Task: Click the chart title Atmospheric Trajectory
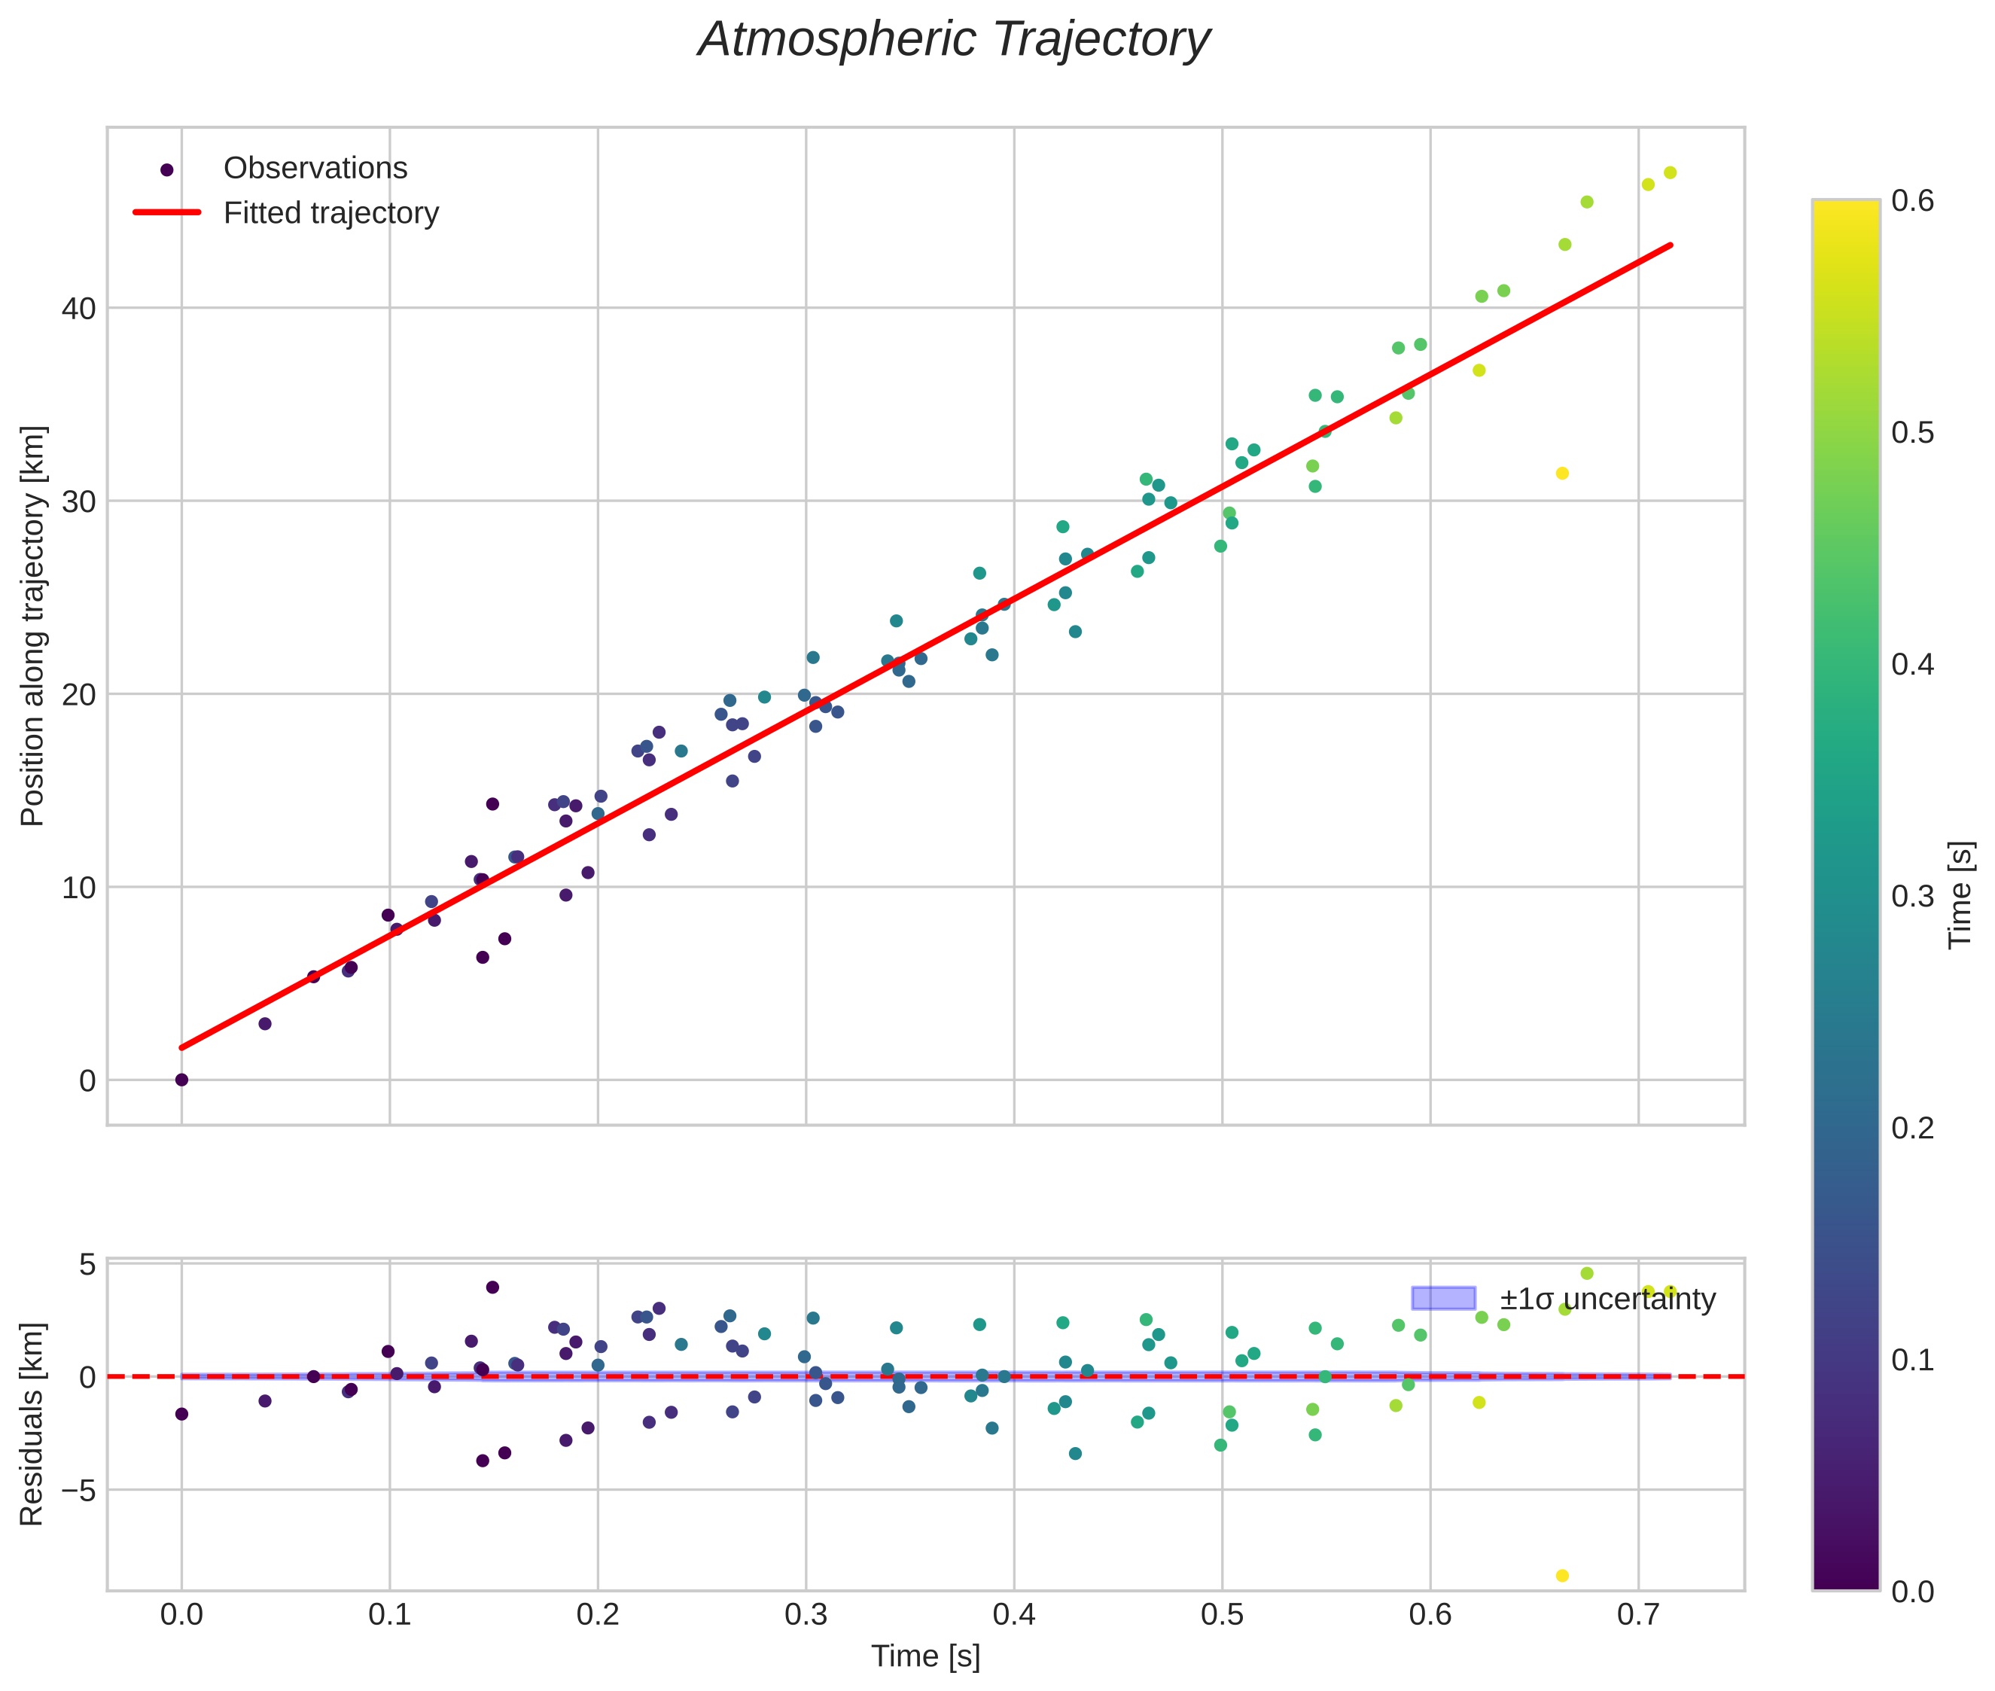point(953,40)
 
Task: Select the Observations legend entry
point(315,169)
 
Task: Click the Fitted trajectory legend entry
point(330,213)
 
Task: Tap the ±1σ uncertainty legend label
point(1607,1300)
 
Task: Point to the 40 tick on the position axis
point(80,309)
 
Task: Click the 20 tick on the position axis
point(80,694)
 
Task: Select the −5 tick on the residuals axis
point(75,1491)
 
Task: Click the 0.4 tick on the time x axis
point(1013,1615)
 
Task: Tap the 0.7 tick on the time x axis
point(1637,1615)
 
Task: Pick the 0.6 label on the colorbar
point(1912,201)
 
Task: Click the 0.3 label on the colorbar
point(1912,896)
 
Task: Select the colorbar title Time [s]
point(1960,894)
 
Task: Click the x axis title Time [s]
point(925,1656)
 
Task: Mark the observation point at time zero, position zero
point(181,1080)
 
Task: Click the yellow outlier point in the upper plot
point(1561,474)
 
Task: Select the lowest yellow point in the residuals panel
point(1561,1576)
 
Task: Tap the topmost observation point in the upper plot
point(1669,172)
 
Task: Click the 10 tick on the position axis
point(80,888)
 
